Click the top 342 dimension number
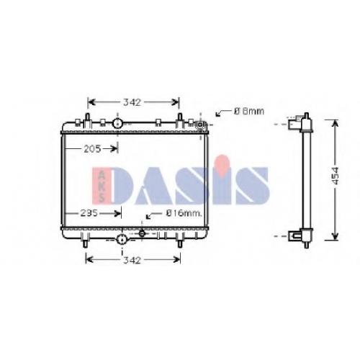coord(132,102)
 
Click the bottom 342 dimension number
coord(132,260)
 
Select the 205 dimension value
coord(92,149)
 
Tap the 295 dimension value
coord(89,213)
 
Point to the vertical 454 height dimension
coord(336,176)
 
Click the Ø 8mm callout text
coord(249,111)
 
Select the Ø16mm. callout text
coord(184,213)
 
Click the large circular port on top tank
coord(117,124)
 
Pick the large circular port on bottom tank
coord(122,239)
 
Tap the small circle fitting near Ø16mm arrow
coord(142,233)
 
